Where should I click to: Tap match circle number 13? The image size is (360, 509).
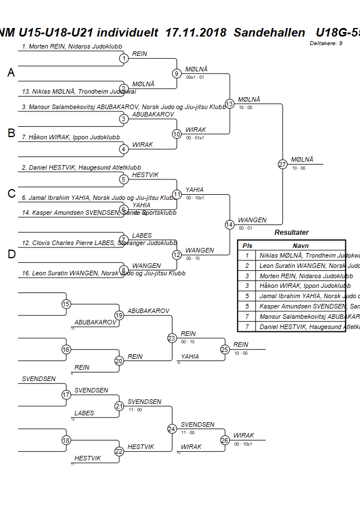click(x=230, y=104)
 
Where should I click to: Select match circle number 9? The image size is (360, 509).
click(x=177, y=73)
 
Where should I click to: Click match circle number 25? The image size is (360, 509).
click(x=225, y=349)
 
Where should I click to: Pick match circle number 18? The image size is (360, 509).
click(x=66, y=440)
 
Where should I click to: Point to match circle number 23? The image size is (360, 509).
click(x=172, y=338)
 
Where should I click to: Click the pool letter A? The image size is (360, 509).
click(x=11, y=73)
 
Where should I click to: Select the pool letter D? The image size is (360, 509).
click(x=11, y=254)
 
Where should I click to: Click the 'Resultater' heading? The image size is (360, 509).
click(x=291, y=233)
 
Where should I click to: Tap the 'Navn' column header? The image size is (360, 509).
click(x=301, y=245)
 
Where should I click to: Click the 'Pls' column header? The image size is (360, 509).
click(x=247, y=245)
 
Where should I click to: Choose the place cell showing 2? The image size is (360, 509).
click(x=247, y=265)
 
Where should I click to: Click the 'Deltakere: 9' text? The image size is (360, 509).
click(x=326, y=43)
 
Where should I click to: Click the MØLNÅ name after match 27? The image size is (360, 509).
click(x=302, y=159)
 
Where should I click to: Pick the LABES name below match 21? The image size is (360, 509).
click(x=84, y=413)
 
